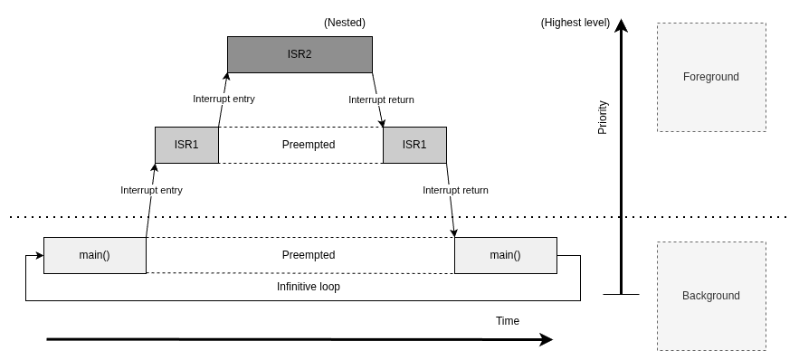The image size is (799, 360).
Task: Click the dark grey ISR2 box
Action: click(x=300, y=54)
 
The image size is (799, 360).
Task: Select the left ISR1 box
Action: click(x=186, y=145)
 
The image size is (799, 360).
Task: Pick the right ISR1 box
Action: click(x=414, y=145)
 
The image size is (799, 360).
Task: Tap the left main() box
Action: click(x=95, y=255)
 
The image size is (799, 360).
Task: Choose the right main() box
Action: click(x=506, y=255)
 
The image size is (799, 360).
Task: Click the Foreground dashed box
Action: click(x=711, y=77)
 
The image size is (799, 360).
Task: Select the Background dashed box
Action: click(x=711, y=296)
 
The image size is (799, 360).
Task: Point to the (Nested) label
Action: click(x=345, y=23)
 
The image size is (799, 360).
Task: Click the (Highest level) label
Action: click(x=575, y=23)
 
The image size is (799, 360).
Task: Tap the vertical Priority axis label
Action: click(x=603, y=118)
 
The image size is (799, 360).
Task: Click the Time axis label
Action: click(x=508, y=321)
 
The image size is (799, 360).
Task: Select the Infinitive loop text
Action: click(x=309, y=287)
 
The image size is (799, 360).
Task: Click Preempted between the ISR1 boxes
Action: click(x=309, y=145)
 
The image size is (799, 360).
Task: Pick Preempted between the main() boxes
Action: click(x=309, y=255)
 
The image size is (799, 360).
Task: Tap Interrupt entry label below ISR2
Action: click(x=224, y=99)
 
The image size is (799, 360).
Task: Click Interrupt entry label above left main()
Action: click(x=151, y=190)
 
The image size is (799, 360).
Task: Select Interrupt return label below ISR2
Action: click(x=381, y=99)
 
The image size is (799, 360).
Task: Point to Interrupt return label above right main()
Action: click(x=455, y=190)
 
